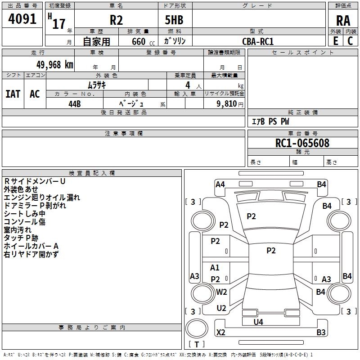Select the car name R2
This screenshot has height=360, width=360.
(x=116, y=21)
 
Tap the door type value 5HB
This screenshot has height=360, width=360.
(x=174, y=21)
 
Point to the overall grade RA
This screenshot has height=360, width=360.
(x=343, y=21)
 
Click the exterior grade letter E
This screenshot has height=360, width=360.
(x=335, y=40)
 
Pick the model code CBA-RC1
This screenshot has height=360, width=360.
(x=258, y=41)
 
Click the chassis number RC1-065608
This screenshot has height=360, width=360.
(x=302, y=143)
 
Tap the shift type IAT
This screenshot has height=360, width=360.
(x=13, y=94)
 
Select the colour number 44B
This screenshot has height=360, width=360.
(x=75, y=103)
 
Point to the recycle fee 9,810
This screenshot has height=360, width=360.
(x=227, y=103)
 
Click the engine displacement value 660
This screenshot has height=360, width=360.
(x=139, y=41)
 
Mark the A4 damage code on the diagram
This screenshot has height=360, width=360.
(x=220, y=184)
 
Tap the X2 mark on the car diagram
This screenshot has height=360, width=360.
(x=221, y=333)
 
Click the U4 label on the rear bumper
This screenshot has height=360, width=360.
(x=258, y=322)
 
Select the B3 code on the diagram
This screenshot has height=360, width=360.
(x=321, y=333)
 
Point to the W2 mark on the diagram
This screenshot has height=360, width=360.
(x=221, y=292)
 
